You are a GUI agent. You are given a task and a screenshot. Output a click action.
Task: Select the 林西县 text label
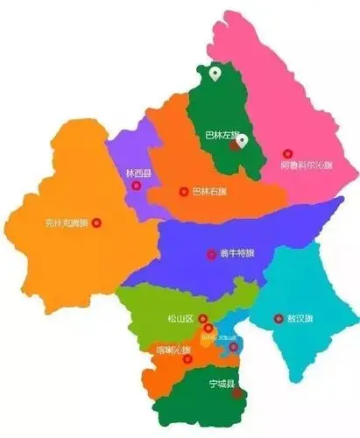click(138, 173)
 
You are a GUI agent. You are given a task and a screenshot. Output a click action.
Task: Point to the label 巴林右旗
click(209, 191)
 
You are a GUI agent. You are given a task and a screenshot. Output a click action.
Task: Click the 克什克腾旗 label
click(67, 223)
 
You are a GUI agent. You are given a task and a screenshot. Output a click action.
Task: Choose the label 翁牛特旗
click(236, 254)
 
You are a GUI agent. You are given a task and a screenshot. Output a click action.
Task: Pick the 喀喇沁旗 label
click(173, 350)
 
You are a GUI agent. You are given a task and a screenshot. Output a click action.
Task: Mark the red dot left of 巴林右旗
click(183, 191)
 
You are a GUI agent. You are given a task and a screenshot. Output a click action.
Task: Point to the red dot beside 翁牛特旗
click(210, 254)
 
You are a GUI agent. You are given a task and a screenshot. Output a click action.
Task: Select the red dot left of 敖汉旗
click(279, 319)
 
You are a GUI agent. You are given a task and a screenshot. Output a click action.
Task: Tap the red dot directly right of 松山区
click(203, 319)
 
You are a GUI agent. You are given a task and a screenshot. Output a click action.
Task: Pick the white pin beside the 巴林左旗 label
click(243, 140)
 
